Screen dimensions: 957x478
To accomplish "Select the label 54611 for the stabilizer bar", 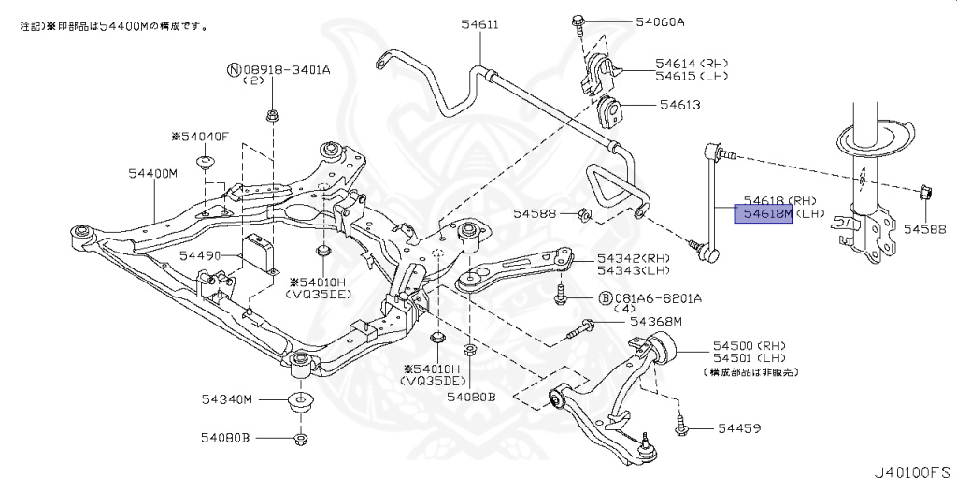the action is coord(479,24).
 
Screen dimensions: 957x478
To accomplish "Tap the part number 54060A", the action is coord(660,22).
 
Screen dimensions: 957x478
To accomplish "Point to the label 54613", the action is coord(679,105).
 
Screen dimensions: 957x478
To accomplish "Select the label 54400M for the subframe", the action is coord(152,173).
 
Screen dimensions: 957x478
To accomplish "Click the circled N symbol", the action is coord(235,69).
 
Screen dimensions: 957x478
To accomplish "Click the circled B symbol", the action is coord(606,298).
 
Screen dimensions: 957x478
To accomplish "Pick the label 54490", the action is coord(200,256).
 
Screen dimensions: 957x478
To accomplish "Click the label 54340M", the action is coord(226,399).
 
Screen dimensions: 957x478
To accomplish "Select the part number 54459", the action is coord(738,427).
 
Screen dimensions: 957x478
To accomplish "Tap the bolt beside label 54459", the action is coord(680,426).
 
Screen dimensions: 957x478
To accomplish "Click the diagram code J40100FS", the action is coord(913,471).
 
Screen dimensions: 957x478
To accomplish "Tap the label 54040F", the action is coord(199,137).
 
